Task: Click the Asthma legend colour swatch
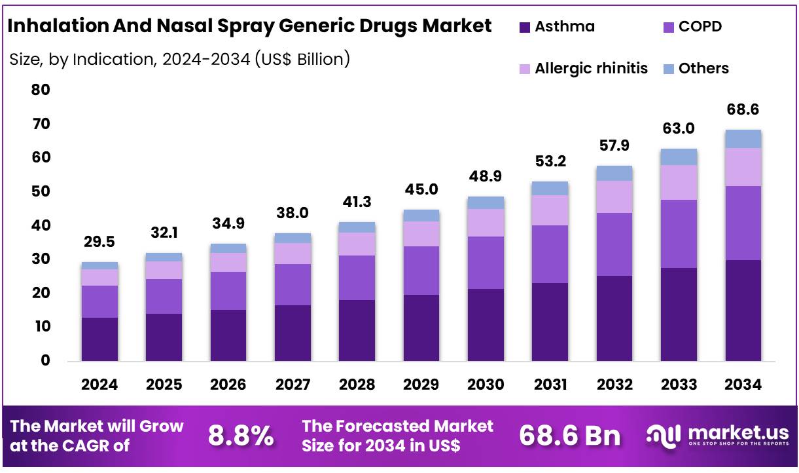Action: point(524,28)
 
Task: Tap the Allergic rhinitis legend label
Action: point(591,68)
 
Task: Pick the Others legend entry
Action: point(703,68)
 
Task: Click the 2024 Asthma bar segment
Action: point(99,339)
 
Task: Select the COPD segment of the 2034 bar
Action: point(743,223)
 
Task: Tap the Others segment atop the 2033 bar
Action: point(679,157)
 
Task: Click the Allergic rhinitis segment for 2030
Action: point(486,223)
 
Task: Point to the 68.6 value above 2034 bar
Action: point(743,109)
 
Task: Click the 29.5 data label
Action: point(99,242)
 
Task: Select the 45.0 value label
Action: point(421,189)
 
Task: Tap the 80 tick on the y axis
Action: point(41,90)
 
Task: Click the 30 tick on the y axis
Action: point(41,259)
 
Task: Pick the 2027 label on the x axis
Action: point(293,385)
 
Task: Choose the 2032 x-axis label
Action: point(614,385)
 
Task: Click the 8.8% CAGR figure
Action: point(241,436)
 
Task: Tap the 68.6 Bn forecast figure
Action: point(569,436)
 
